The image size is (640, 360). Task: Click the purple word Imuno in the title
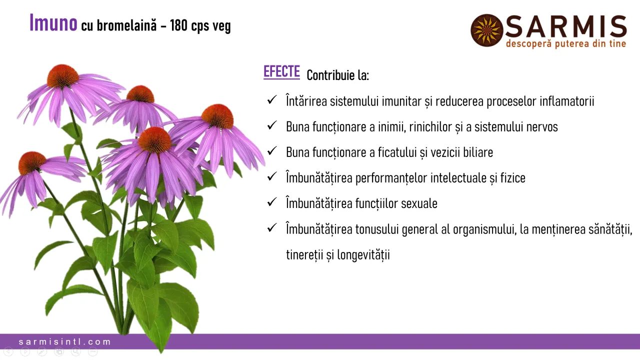click(53, 23)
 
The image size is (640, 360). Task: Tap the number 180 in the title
click(178, 25)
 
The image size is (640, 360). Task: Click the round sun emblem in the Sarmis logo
click(486, 30)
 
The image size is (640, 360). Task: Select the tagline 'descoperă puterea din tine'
click(565, 44)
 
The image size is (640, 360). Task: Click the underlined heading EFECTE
click(281, 72)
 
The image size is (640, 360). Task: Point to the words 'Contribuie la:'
click(337, 75)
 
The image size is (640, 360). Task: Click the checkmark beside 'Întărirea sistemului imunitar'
click(272, 100)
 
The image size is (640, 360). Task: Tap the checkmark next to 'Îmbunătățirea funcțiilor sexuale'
click(272, 202)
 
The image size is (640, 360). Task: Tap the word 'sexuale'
click(418, 203)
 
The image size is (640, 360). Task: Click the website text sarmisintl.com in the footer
click(65, 342)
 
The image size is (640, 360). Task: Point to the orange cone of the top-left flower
click(63, 76)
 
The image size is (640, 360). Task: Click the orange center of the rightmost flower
click(217, 116)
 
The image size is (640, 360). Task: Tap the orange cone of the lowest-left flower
click(32, 163)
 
